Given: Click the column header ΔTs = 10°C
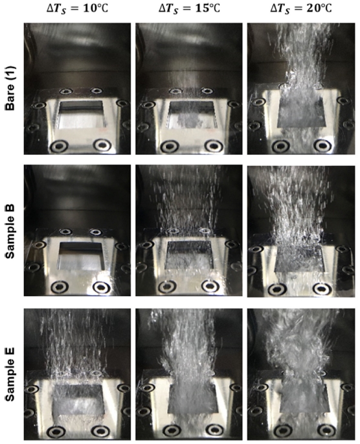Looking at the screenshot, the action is click(77, 9).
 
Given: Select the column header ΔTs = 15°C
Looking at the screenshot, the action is click(189, 9).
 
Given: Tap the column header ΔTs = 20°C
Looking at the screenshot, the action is click(301, 9).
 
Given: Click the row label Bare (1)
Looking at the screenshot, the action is click(11, 88).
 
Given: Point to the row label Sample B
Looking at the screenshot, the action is click(11, 231).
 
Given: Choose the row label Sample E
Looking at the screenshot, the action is click(11, 374).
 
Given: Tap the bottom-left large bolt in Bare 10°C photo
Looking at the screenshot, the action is click(60, 146).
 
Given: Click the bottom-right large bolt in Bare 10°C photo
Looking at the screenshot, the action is click(102, 145).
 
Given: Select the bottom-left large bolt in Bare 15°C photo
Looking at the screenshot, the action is click(170, 146).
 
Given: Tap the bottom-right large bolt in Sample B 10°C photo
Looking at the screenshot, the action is click(102, 287).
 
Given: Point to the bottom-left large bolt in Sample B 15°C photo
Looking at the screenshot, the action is click(168, 287).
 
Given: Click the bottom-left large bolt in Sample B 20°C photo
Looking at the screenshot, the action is click(276, 289).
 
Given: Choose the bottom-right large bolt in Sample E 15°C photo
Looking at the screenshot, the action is click(214, 430).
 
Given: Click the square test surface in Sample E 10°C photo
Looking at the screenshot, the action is click(78, 399).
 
